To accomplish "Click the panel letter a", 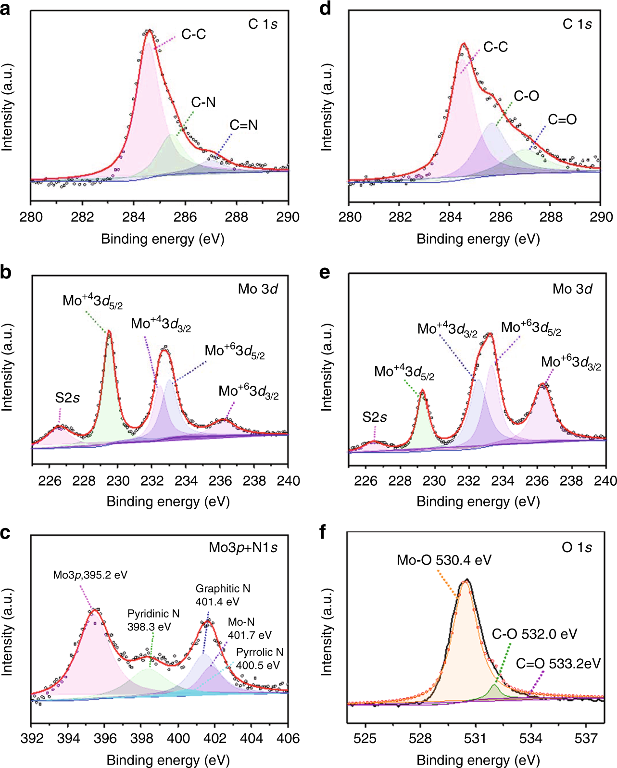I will (5, 9).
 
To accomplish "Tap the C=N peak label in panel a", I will (243, 125).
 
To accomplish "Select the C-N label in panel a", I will (203, 102).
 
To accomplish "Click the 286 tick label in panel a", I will (185, 217).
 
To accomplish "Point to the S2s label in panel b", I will (67, 398).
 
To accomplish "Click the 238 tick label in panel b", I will (254, 481).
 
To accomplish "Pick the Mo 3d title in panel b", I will (258, 289).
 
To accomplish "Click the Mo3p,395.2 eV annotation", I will (90, 575).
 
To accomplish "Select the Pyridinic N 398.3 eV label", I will (153, 620).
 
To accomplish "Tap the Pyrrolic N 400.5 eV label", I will (259, 658).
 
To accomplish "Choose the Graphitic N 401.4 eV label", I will (222, 595).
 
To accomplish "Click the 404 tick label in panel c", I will (252, 739).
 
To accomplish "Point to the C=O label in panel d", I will (562, 120).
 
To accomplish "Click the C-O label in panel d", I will (526, 96).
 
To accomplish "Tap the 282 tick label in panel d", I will (400, 217).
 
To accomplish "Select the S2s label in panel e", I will (375, 417).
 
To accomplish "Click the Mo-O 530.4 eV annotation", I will (444, 560).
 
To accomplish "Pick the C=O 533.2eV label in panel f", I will (558, 664).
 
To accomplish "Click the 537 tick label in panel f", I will (586, 739).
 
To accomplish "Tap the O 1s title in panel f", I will (576, 547).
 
